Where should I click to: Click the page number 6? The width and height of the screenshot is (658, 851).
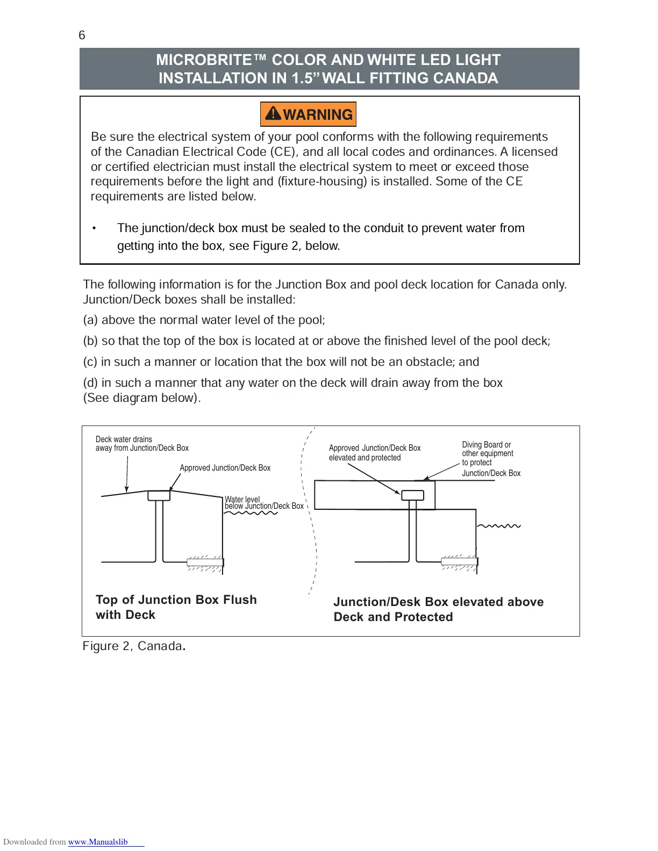(x=82, y=35)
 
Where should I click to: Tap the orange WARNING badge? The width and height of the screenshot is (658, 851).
(x=308, y=114)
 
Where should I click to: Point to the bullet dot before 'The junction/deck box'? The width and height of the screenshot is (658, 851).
(x=94, y=228)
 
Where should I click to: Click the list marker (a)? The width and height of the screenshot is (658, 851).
(x=90, y=320)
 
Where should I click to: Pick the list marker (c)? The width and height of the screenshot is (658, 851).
(x=90, y=362)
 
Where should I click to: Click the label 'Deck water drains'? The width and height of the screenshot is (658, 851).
(x=124, y=439)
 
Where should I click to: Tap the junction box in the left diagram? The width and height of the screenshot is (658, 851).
(x=159, y=496)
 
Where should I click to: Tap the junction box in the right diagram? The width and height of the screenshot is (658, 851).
(x=412, y=495)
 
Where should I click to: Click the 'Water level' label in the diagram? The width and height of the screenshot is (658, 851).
(x=242, y=499)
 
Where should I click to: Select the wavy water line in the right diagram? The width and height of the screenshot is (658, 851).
(x=499, y=526)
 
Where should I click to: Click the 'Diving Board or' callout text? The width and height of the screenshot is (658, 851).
(x=486, y=445)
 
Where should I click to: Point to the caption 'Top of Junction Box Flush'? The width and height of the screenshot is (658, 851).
(x=176, y=600)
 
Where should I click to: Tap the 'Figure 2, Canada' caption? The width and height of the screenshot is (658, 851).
(x=132, y=646)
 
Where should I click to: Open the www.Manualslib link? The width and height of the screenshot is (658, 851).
(x=98, y=842)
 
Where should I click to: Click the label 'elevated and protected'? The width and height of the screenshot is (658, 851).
(x=364, y=458)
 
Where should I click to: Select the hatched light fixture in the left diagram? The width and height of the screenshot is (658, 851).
(x=204, y=562)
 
